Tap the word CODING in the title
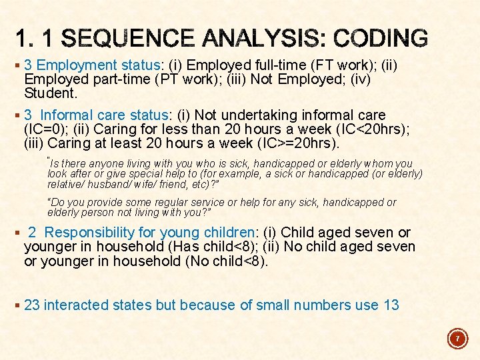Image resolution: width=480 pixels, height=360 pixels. (x=381, y=38)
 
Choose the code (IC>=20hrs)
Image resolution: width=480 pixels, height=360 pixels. (x=299, y=143)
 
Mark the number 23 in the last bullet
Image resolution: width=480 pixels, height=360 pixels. (x=32, y=305)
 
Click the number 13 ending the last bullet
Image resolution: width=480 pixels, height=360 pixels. (x=391, y=305)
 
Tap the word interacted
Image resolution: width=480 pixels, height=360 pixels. (x=76, y=305)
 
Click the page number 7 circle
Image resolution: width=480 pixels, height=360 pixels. (x=457, y=339)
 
